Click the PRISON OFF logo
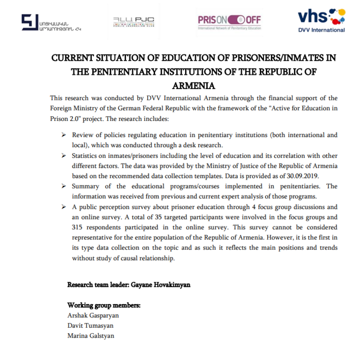point(229,22)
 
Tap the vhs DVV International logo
point(322,20)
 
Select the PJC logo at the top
point(133,22)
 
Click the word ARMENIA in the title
point(194,86)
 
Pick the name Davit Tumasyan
point(90,325)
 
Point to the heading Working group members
point(104,305)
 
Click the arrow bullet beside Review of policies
point(63,135)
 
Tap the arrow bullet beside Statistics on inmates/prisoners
point(63,156)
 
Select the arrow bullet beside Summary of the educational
point(63,186)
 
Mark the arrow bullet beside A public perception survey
point(63,207)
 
